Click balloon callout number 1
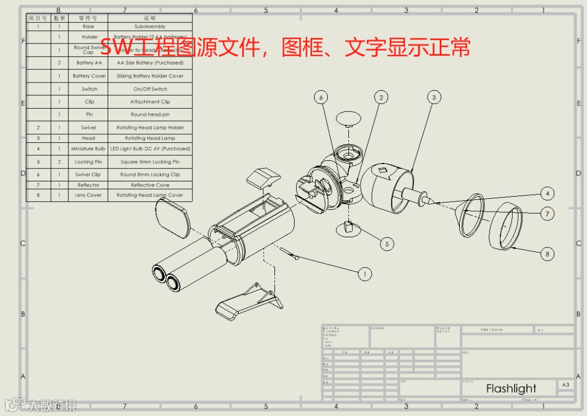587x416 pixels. coord(365,274)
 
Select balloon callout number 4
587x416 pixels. coord(548,193)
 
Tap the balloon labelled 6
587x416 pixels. coord(321,97)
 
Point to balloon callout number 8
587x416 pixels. coord(548,254)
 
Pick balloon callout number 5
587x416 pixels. coord(386,244)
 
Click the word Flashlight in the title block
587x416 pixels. coord(511,388)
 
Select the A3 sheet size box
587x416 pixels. coord(565,385)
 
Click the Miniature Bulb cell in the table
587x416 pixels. coord(88,148)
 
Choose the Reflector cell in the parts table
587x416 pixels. coord(88,185)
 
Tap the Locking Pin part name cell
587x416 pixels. coord(88,162)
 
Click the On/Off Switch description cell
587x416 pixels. coord(150,89)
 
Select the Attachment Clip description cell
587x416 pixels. coord(150,102)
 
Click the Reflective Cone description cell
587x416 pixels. coord(150,185)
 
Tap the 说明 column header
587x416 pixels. coord(150,18)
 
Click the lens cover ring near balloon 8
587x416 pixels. coord(505,226)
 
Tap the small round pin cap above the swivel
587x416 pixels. coord(348,117)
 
